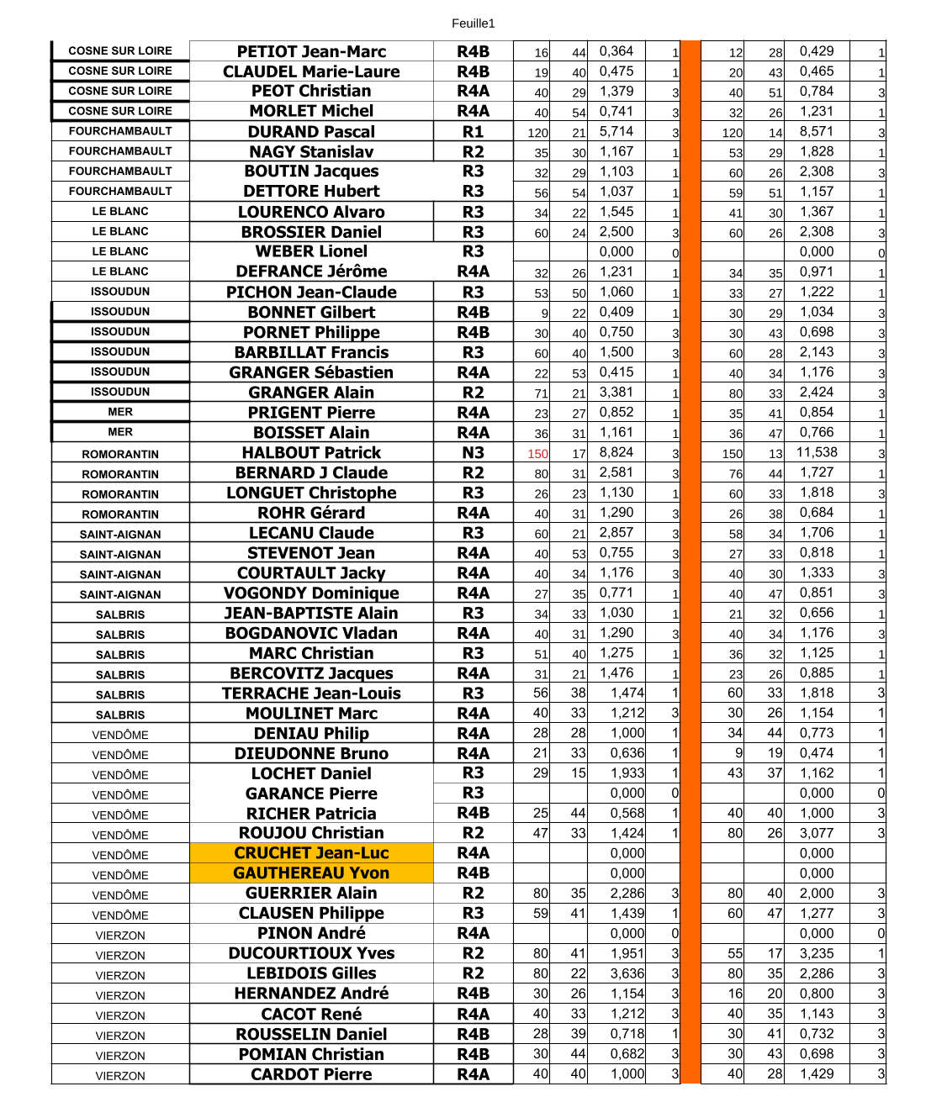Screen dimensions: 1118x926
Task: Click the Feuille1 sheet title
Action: coord(473,24)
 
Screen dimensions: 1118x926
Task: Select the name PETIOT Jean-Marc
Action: coord(311,52)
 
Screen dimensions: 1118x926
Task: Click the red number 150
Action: coord(537,454)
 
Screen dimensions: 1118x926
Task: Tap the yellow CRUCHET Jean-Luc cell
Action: coord(311,853)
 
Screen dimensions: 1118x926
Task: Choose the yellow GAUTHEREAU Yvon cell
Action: coord(311,873)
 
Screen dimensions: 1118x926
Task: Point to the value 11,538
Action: coord(818,452)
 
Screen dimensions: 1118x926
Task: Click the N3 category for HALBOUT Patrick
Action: coord(473,453)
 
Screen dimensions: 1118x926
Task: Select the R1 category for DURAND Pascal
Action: coord(473,132)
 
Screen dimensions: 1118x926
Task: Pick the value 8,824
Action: coord(616,452)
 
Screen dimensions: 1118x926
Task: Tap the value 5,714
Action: coord(616,131)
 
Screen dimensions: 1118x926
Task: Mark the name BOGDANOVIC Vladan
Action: coord(311,634)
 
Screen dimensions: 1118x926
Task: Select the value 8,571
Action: coord(817,131)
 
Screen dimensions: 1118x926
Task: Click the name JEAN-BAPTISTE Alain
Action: coord(311,614)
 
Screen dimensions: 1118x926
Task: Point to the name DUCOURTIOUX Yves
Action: coord(311,953)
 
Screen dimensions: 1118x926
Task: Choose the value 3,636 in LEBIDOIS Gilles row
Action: coord(627,973)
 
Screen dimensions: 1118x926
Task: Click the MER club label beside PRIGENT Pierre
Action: coord(120,412)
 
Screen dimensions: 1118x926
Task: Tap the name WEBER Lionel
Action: coord(311,251)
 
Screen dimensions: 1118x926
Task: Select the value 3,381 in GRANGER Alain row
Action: coord(616,392)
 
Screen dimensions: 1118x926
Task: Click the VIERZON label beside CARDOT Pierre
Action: coord(120,1076)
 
